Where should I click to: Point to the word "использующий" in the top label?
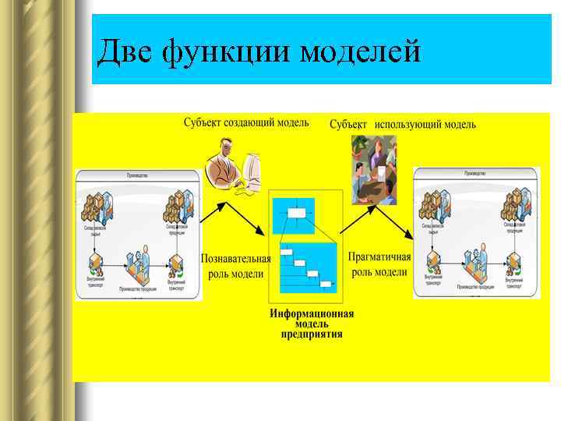coord(407,125)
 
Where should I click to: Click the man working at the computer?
coord(226,161)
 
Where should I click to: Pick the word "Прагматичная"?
coord(379,257)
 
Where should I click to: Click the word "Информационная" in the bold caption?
coord(312,314)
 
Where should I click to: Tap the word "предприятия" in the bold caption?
coord(312,334)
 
